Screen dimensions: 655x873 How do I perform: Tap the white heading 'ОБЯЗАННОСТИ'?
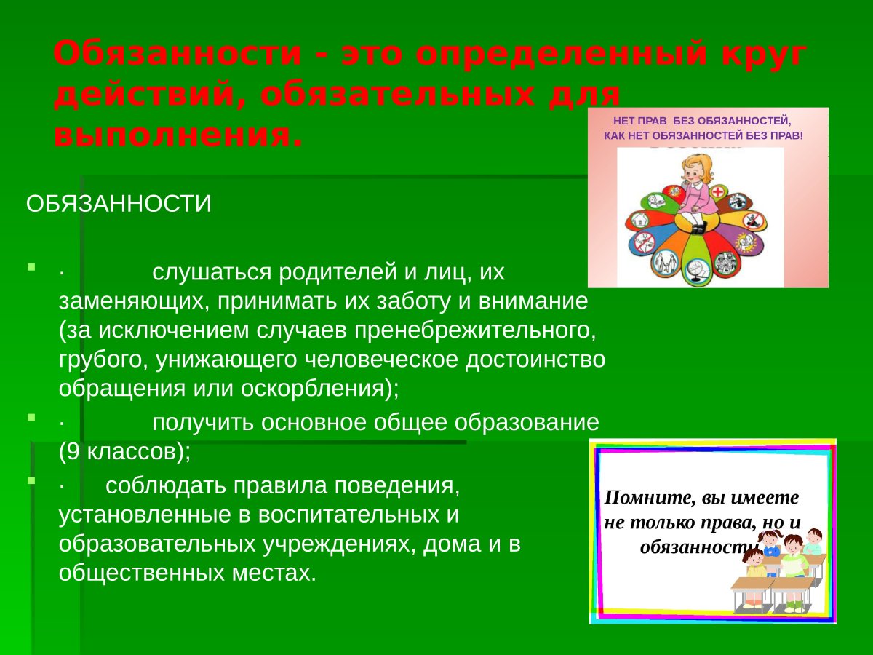click(x=119, y=204)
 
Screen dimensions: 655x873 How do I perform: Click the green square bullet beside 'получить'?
click(x=31, y=418)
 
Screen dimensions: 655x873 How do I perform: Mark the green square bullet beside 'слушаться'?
click(x=31, y=269)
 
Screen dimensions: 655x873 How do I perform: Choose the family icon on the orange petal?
click(x=664, y=260)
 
